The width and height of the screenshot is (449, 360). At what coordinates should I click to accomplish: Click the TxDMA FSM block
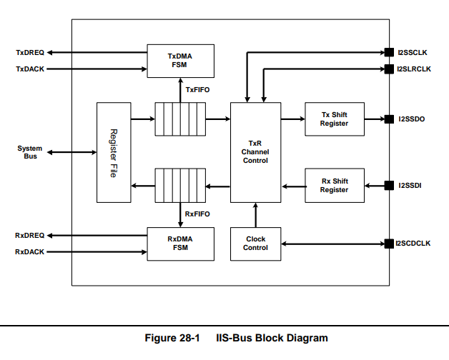click(180, 61)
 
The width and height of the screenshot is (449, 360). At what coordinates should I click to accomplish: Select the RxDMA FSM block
click(180, 244)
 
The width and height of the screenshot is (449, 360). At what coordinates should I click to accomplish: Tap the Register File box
click(114, 152)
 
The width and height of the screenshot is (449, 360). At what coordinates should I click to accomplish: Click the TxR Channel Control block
click(255, 152)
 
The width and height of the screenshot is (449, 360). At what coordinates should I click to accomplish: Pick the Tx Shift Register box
click(335, 119)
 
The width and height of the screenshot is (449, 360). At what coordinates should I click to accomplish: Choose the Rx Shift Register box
click(335, 186)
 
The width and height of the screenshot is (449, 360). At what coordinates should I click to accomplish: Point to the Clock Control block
click(255, 244)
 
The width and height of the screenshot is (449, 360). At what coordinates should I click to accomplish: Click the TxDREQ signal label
click(30, 53)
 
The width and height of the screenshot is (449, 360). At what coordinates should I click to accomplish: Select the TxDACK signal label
click(30, 69)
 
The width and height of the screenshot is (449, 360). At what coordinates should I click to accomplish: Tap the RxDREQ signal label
click(30, 236)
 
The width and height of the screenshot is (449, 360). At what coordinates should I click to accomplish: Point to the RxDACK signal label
click(30, 252)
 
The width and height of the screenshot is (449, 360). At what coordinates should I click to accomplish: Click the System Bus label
click(30, 152)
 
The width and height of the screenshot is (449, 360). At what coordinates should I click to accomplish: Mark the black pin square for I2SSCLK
click(389, 52)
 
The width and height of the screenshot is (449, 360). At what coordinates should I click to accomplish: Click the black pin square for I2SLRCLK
click(389, 69)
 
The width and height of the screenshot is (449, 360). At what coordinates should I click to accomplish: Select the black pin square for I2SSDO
click(389, 119)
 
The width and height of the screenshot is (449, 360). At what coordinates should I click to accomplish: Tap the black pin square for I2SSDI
click(389, 186)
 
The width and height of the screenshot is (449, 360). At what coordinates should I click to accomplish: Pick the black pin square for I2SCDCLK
click(389, 244)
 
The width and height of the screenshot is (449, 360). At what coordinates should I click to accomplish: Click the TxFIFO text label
click(197, 90)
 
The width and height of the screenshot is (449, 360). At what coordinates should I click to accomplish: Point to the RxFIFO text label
click(197, 214)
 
